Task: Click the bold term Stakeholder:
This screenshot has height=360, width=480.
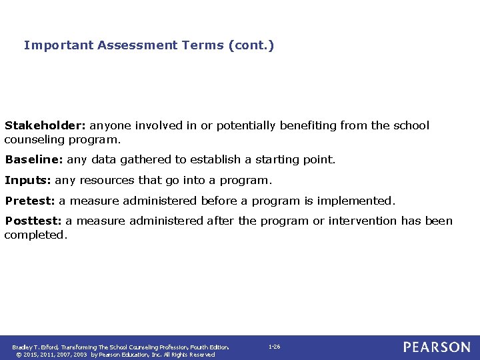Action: coord(45,125)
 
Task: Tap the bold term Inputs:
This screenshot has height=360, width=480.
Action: coord(28,180)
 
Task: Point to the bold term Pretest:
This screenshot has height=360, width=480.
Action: coord(30,201)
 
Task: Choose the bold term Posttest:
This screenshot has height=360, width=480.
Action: coord(33,221)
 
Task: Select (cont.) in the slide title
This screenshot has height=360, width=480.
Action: coord(251,45)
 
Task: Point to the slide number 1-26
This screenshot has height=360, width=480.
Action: coord(274,347)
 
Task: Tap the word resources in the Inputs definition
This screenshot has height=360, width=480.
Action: coord(108,180)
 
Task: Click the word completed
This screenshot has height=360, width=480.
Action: coord(36,235)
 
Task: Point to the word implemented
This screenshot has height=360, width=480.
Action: coord(361,201)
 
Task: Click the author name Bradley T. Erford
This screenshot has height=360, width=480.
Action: coord(35,347)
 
